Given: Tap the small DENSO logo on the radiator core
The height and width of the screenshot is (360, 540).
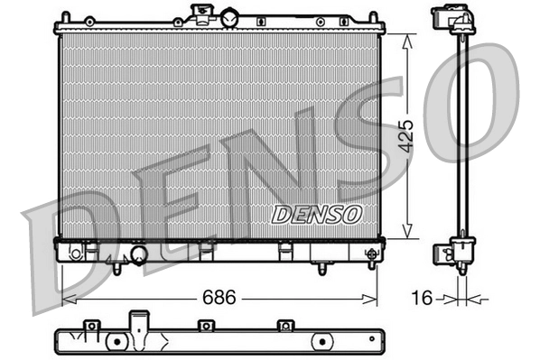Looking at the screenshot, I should pos(317,214).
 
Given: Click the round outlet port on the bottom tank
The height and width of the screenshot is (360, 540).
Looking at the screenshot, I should pos(139,256).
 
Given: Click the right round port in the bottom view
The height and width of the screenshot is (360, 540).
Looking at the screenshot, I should pos(323,343).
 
